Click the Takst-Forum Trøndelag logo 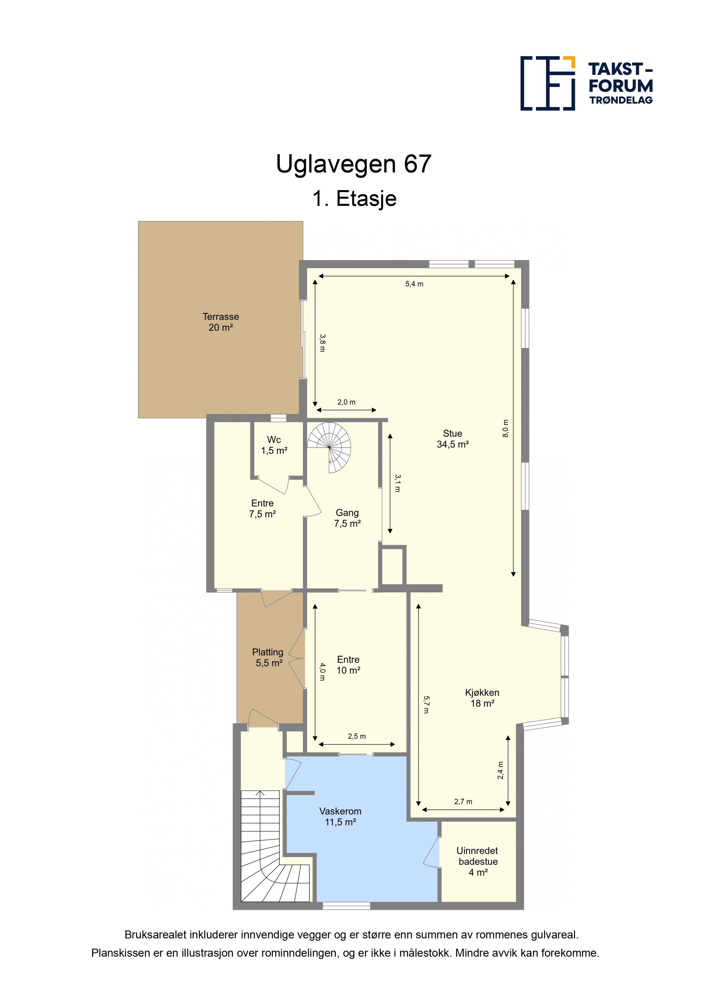tap(586, 83)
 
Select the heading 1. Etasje tap(354, 199)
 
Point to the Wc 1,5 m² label tap(274, 445)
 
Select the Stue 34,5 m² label tap(453, 439)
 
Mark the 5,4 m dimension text tap(414, 284)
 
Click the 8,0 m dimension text tap(505, 428)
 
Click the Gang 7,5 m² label tap(347, 518)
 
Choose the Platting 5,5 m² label tap(268, 657)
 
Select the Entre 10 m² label tap(348, 665)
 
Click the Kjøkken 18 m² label tap(482, 698)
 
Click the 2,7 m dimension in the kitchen tap(463, 801)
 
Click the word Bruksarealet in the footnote tap(156, 935)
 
